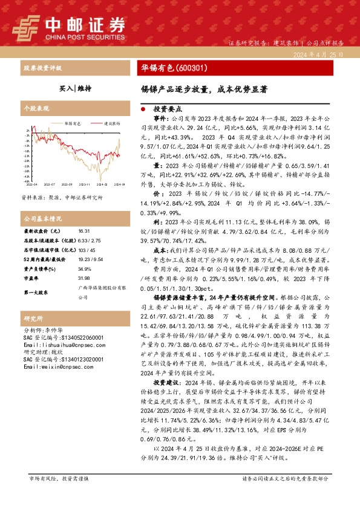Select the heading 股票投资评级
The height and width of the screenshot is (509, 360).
[x=41, y=68]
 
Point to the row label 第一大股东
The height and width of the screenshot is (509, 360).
[x=38, y=292]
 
